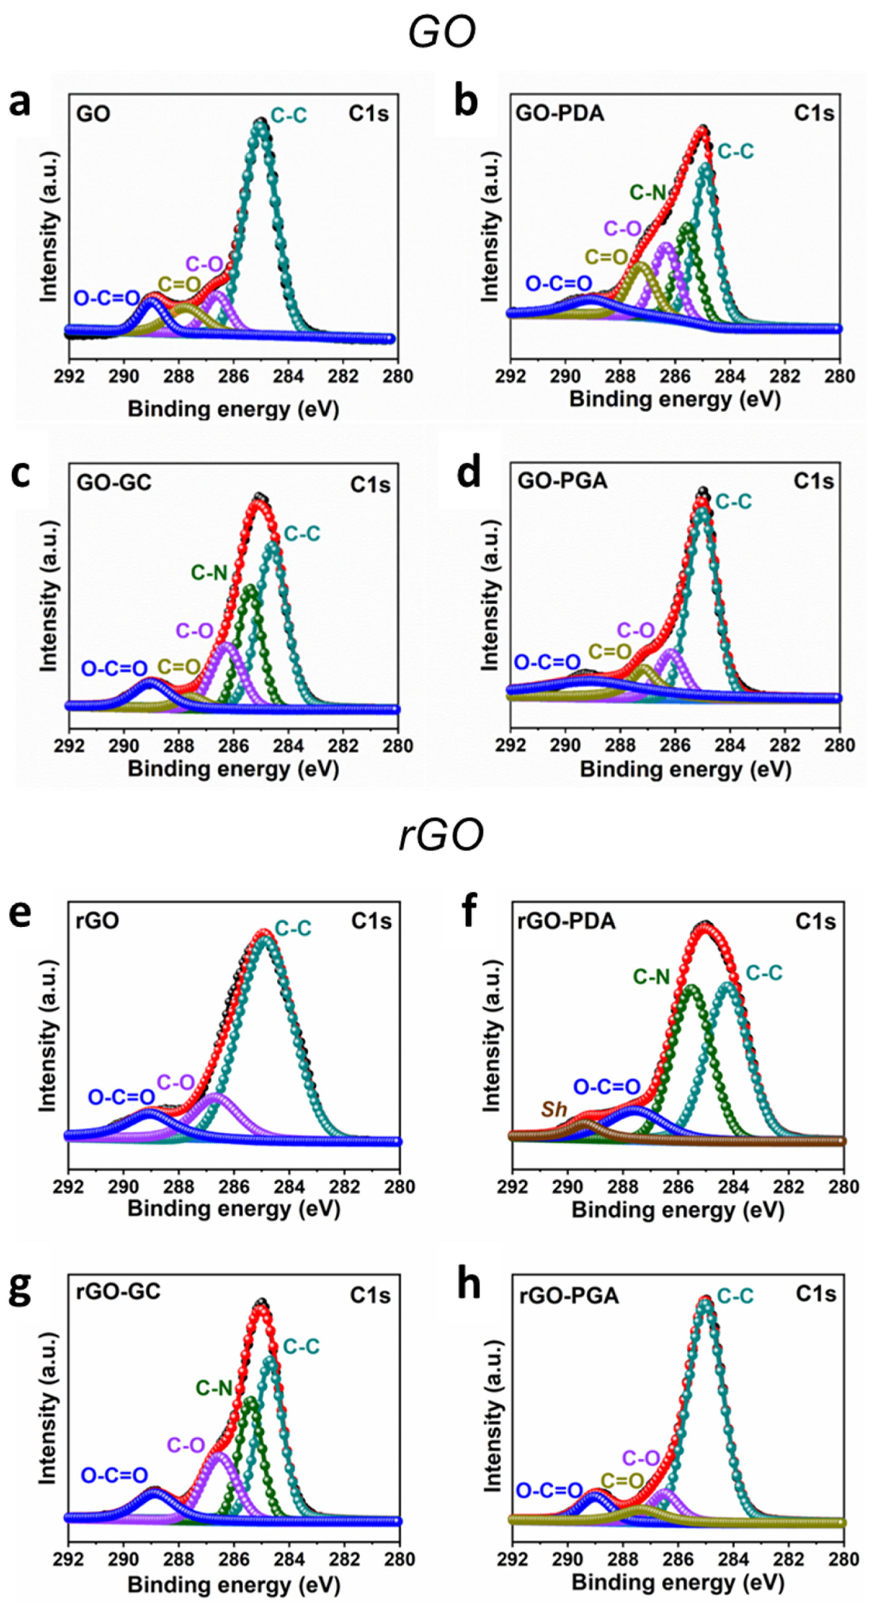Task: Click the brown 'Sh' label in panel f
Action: coord(554,1109)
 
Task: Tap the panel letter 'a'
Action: coord(20,102)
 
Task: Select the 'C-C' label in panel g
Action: coord(301,1346)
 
